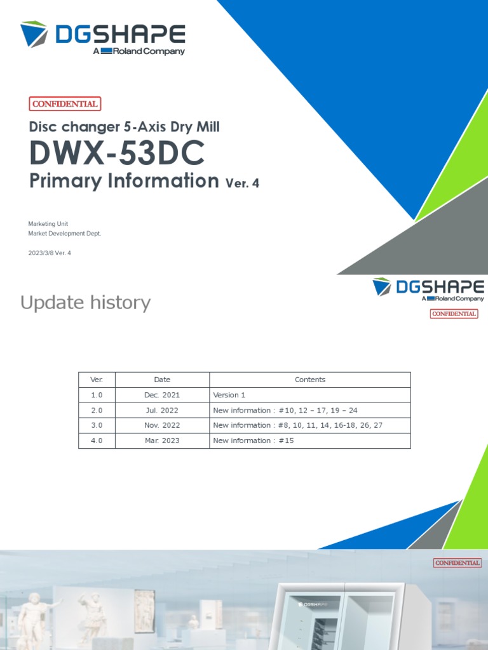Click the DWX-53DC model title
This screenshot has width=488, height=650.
(x=117, y=153)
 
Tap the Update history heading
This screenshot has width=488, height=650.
(x=85, y=303)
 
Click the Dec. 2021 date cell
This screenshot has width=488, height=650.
(x=162, y=395)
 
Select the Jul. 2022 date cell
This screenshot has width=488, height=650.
(x=162, y=410)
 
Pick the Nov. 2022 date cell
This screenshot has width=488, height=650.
(x=162, y=425)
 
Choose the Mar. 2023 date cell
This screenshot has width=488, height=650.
(x=162, y=441)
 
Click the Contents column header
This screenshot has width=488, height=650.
(x=309, y=380)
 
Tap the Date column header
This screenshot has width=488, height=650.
(x=162, y=380)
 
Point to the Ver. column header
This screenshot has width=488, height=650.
(x=97, y=380)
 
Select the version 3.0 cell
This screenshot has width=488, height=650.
(x=97, y=425)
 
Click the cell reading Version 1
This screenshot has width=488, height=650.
(x=229, y=395)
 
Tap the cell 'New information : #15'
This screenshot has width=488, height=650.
(x=254, y=441)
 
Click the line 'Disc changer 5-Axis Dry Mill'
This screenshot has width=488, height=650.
(x=125, y=126)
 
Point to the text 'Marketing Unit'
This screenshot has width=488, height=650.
(x=48, y=224)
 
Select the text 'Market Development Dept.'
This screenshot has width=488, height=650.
(x=64, y=234)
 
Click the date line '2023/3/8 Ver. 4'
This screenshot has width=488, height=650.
(x=53, y=253)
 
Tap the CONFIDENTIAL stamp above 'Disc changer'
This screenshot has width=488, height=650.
(x=65, y=104)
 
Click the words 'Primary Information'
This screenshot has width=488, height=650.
(x=124, y=181)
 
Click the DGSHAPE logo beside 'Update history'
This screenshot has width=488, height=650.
(x=428, y=289)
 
